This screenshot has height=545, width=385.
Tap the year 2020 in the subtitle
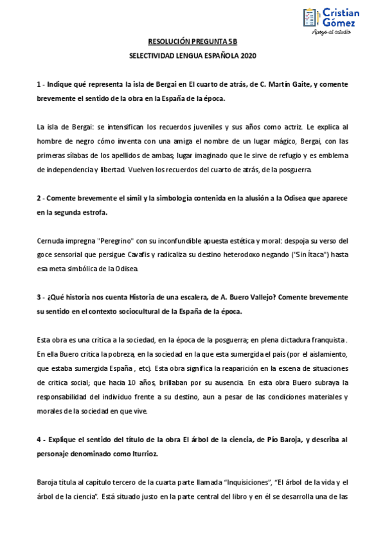pyautogui.click(x=248, y=56)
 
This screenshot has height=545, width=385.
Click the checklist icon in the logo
pyautogui.click(x=310, y=17)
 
